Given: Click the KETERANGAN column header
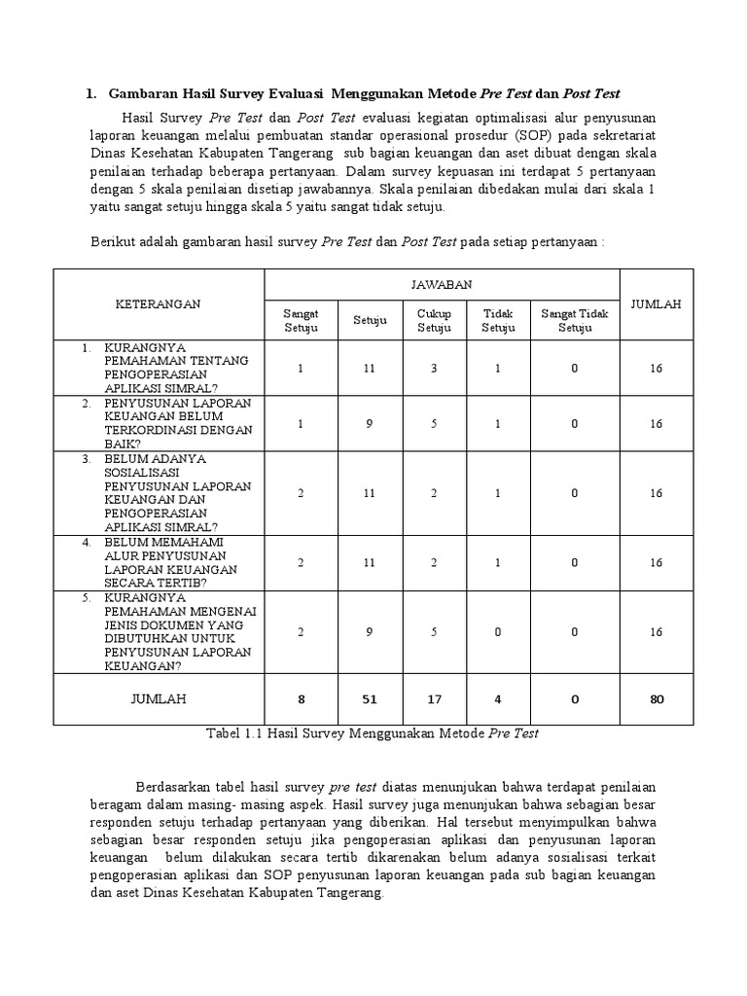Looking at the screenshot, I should (158, 303).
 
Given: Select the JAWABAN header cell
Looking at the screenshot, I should (442, 284).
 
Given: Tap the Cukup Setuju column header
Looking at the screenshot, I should (435, 320).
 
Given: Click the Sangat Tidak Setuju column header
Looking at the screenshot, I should (575, 320).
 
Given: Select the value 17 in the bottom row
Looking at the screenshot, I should (435, 698).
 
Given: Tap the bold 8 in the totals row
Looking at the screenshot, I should (301, 698).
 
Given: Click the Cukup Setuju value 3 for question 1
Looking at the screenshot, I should (435, 368).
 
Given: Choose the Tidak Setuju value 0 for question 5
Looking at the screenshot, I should (499, 631).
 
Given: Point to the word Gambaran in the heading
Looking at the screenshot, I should (141, 94).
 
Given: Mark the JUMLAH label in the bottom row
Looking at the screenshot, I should (158, 698).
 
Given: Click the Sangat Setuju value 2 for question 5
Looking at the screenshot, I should (301, 631).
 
